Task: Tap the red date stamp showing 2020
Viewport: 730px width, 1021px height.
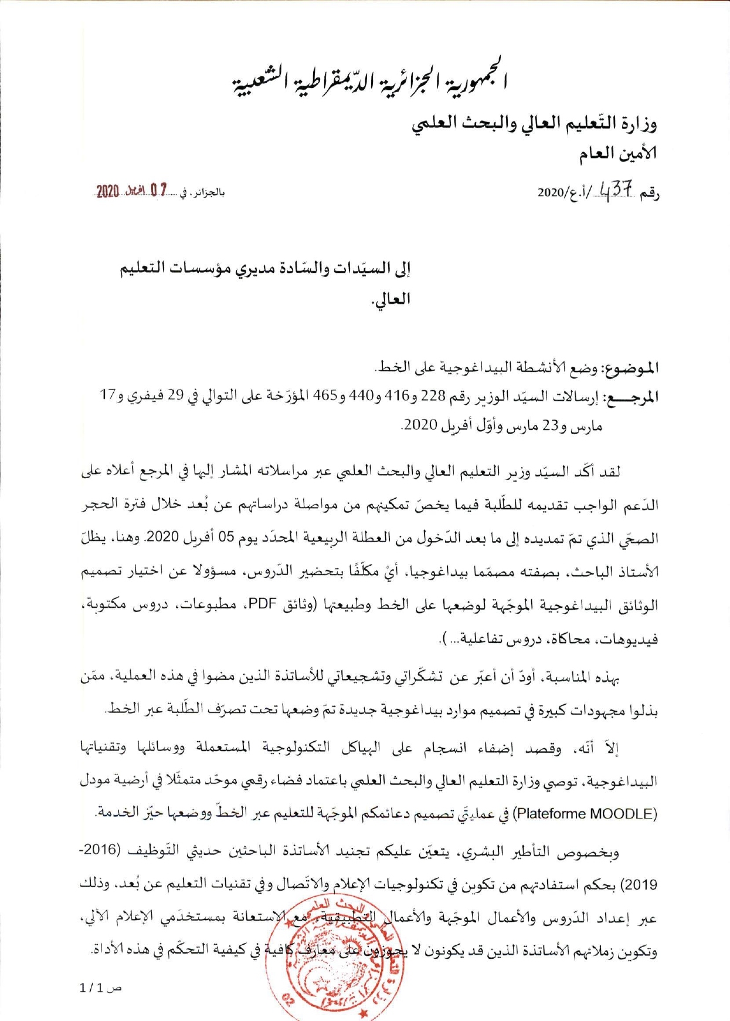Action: tap(132, 191)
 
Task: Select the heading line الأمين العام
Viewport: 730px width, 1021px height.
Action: tap(618, 154)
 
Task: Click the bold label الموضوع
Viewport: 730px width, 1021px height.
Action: tap(631, 368)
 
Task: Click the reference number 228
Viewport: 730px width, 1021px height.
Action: tap(434, 396)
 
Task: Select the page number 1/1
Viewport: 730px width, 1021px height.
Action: tap(94, 988)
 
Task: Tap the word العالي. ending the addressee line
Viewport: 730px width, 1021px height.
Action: tap(391, 299)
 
